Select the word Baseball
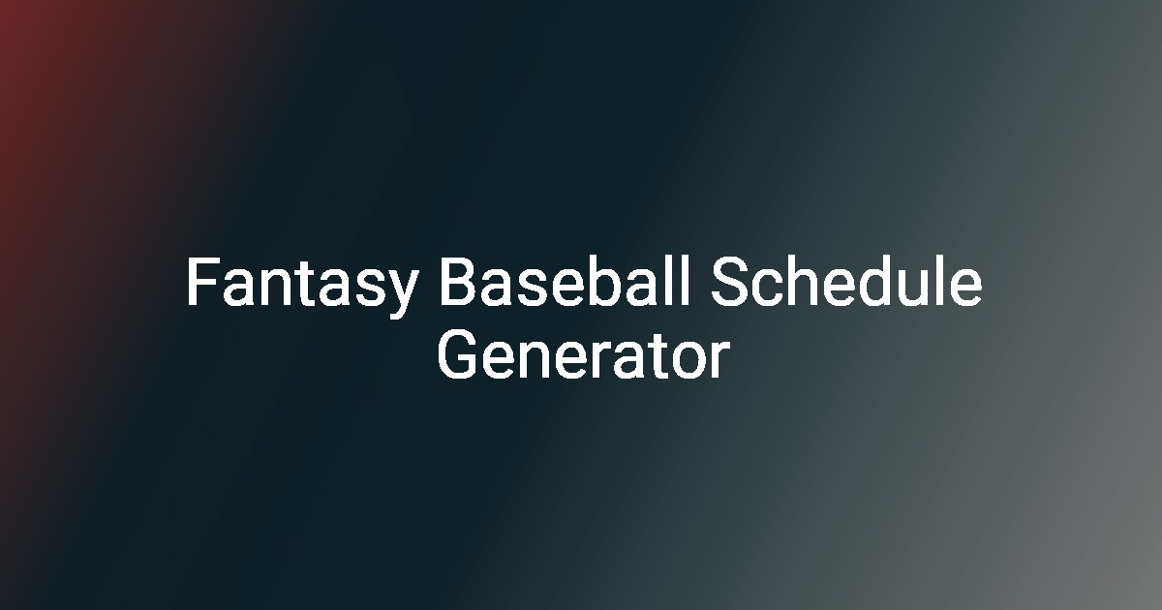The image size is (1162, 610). [x=565, y=281]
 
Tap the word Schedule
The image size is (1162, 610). [x=846, y=281]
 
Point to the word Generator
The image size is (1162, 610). [x=584, y=355]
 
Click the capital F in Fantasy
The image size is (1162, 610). [x=202, y=282]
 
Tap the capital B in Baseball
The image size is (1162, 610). [x=457, y=281]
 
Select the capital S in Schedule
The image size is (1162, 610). [x=728, y=281]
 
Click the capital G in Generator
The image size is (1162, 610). [x=456, y=355]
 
